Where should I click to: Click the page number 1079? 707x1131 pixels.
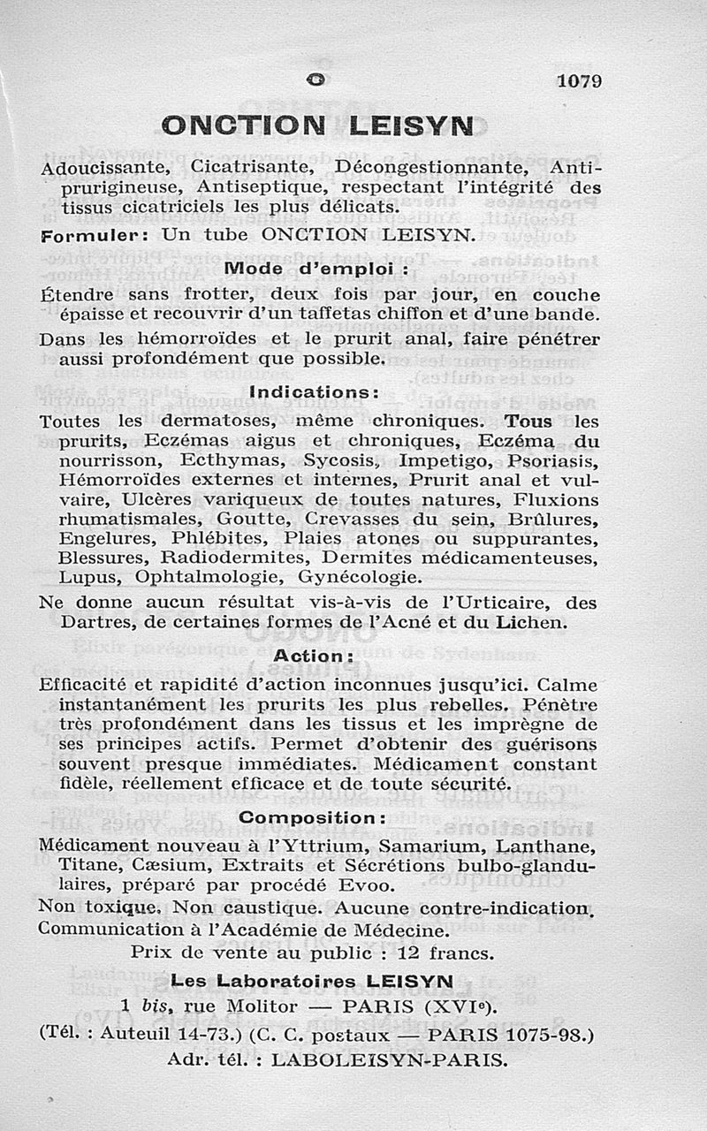pos(580,81)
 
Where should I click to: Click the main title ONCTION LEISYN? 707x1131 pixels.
pos(320,126)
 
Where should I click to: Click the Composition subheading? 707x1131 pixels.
pos(313,817)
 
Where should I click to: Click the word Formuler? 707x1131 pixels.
pos(87,237)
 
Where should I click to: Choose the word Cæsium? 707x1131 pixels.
pos(171,864)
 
